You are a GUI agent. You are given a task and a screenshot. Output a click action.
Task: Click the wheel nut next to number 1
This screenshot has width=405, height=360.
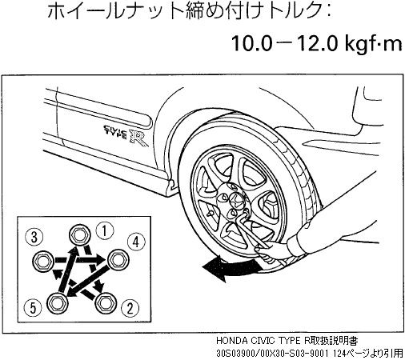[79, 234]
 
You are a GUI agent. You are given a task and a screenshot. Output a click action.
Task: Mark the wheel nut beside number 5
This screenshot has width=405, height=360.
[56, 302]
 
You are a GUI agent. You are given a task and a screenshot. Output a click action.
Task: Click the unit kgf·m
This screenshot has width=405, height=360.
[375, 43]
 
